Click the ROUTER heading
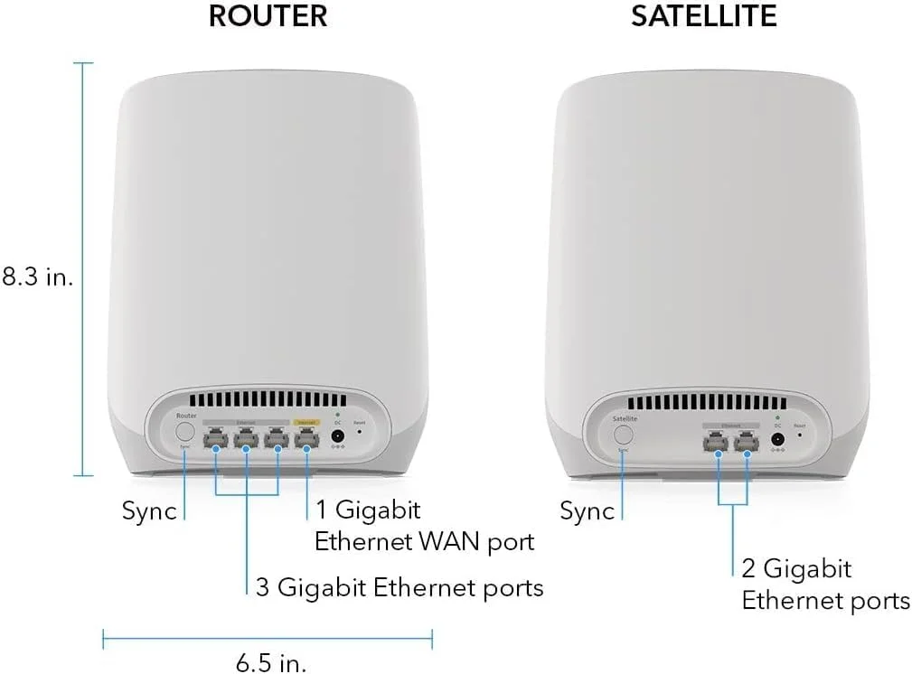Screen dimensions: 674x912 268,15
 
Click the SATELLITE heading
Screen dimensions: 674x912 704,15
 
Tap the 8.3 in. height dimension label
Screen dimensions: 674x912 36,276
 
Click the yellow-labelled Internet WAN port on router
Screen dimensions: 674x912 306,441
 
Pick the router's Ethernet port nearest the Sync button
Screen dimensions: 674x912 216,441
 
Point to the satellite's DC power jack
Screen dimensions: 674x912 776,441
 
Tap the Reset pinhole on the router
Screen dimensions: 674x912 360,432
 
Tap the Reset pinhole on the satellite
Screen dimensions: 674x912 799,435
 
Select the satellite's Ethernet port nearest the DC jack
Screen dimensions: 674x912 747,442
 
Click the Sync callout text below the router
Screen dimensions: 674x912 149,511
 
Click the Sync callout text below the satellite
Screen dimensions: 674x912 587,511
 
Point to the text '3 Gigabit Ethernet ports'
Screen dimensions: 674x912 400,588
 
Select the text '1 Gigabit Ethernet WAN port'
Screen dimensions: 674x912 423,526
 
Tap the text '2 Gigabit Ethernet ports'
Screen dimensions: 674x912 824,585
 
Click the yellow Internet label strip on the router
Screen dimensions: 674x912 306,421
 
